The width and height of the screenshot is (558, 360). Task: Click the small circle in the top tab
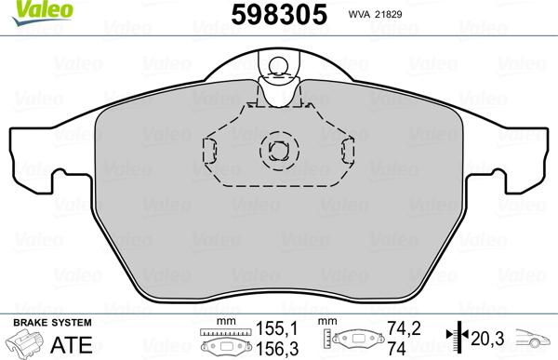click(x=276, y=65)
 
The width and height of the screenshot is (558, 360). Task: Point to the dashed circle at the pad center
click(x=276, y=148)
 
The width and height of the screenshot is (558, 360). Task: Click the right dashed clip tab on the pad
click(x=347, y=147)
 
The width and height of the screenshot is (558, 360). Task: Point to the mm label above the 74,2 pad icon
click(x=326, y=322)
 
